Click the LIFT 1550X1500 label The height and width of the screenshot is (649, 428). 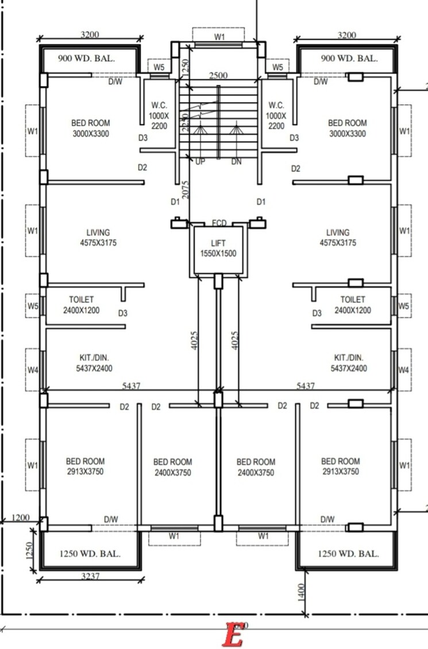[218, 248]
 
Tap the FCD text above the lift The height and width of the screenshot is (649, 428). [219, 223]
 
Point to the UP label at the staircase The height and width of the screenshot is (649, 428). [200, 162]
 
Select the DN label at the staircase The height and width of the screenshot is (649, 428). [237, 162]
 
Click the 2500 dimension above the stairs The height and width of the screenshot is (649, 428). [218, 75]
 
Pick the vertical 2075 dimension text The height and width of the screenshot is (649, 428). [186, 189]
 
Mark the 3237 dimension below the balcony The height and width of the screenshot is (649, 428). [90, 576]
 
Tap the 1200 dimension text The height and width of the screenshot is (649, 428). [20, 518]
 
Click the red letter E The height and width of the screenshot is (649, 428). [233, 635]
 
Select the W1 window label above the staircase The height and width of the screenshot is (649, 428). [219, 37]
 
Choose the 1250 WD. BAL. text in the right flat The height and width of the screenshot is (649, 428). [348, 554]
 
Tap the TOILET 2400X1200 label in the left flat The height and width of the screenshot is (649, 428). [81, 305]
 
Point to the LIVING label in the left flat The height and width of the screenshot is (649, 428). [98, 238]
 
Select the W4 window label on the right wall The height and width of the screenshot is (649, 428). [404, 370]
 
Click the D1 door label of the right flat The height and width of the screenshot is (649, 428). [261, 202]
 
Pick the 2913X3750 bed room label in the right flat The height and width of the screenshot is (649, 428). [340, 467]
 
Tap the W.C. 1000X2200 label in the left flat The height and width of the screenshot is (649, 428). [159, 115]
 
